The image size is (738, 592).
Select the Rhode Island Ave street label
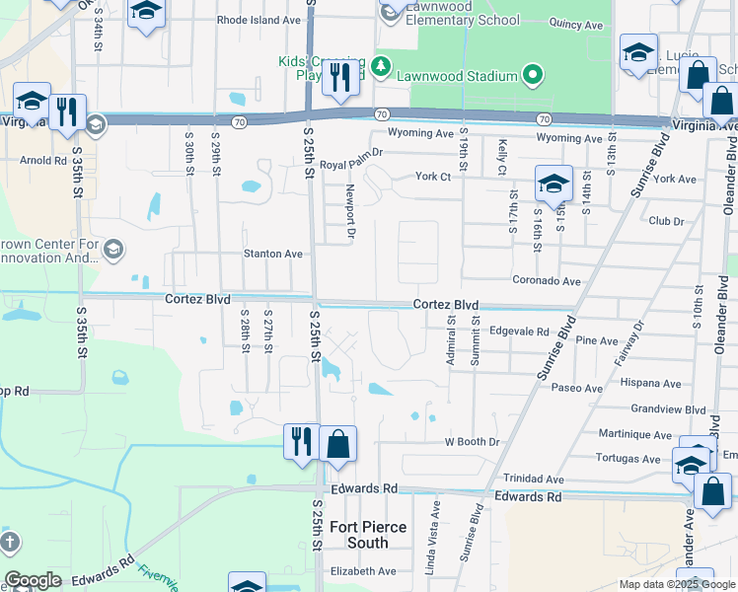coord(258,20)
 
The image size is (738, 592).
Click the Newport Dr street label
coord(349,213)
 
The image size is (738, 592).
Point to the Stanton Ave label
coord(273,254)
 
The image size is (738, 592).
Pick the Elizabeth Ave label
coord(362,570)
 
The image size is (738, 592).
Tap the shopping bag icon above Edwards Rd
coord(337,443)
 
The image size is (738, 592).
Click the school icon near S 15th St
coord(553,183)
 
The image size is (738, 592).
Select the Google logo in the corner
coord(33,580)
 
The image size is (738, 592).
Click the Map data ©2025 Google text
coord(676,583)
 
